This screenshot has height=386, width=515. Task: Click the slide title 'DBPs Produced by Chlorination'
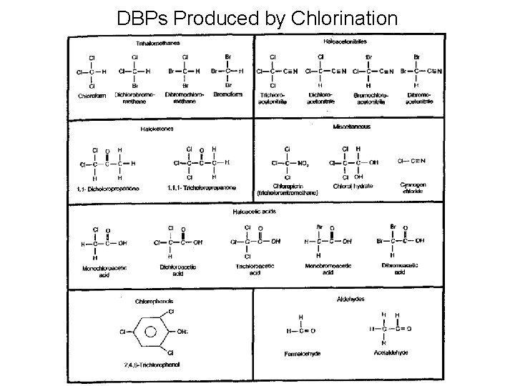257,17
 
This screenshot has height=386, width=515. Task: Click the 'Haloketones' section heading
157,129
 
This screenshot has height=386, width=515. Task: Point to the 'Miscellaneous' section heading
352,127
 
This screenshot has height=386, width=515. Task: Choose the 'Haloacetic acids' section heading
254,212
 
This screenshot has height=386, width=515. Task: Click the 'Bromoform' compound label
229,94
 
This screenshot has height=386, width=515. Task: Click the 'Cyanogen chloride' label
413,189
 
